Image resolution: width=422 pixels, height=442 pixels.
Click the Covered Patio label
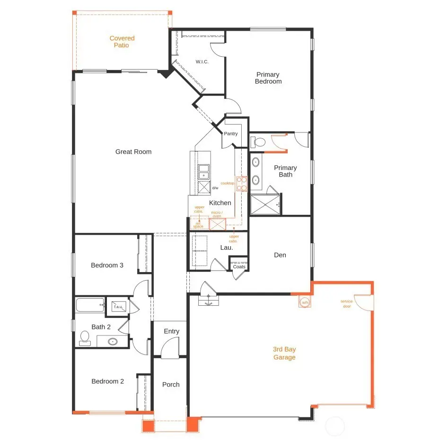(122, 42)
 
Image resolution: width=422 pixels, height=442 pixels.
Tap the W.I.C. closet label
(202, 62)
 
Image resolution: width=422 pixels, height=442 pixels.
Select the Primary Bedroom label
(268, 78)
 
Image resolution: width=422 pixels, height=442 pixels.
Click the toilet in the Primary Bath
(258, 141)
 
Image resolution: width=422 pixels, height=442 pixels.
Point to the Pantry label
(231, 134)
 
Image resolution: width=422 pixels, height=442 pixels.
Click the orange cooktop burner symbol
(242, 183)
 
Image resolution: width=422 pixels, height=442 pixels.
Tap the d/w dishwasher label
(215, 188)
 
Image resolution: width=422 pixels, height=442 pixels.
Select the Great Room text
(133, 152)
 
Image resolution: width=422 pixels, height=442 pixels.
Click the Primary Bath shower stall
(265, 204)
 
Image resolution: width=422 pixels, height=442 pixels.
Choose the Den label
(280, 255)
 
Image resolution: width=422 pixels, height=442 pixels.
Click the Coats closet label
(239, 267)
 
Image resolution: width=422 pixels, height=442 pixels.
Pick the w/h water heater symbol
(305, 302)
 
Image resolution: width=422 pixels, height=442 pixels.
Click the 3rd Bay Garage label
(284, 353)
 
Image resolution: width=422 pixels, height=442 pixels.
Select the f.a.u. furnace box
(117, 307)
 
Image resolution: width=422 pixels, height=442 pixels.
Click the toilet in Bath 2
(85, 337)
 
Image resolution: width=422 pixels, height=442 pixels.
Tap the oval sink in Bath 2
(113, 341)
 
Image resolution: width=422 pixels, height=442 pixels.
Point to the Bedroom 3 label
(107, 265)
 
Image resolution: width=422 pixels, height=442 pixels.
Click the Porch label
(171, 385)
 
